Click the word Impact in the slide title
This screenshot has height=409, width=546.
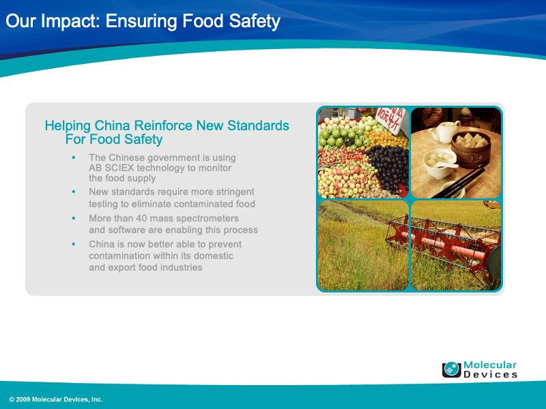(70, 22)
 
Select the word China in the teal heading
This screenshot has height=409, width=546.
(113, 125)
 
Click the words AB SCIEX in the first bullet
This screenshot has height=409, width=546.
(111, 168)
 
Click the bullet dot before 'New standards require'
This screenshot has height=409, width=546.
(74, 192)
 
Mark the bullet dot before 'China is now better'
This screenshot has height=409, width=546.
(74, 244)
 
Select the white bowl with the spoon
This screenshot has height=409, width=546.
(440, 163)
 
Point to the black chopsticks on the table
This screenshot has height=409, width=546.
(457, 184)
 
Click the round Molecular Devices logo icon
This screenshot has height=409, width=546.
(452, 369)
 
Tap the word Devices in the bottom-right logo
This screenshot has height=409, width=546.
(490, 374)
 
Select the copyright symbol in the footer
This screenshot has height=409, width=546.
(12, 399)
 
